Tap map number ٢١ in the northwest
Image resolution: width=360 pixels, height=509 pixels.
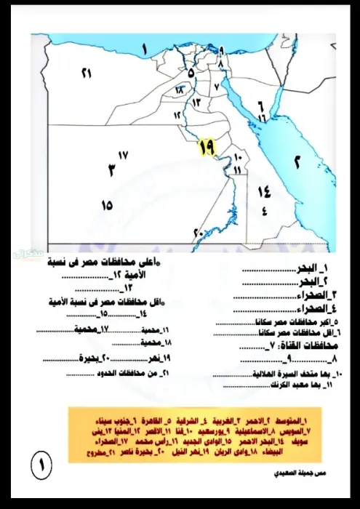[87, 73]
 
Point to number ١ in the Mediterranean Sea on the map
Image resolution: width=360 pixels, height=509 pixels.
[145, 49]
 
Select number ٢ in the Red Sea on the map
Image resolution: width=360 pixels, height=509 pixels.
[297, 162]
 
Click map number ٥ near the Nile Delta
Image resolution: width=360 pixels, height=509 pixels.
[191, 73]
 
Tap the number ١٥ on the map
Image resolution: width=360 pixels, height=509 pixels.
[108, 205]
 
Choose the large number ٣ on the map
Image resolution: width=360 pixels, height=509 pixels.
[111, 170]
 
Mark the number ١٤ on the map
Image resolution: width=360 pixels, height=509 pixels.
[263, 191]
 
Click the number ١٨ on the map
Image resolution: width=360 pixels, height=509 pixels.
[179, 90]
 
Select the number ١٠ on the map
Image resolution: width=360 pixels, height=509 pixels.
[240, 157]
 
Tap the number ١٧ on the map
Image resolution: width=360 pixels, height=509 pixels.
[122, 155]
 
